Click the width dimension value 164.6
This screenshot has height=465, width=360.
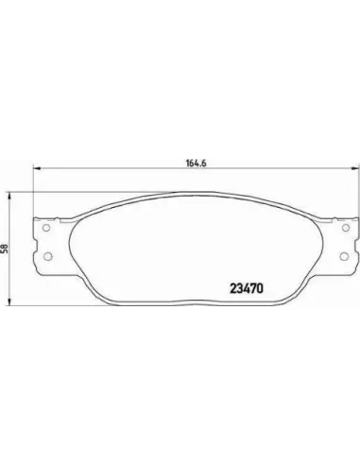tap(196, 164)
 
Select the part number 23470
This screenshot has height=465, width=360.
tap(247, 288)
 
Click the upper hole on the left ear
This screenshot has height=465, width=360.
tap(46, 228)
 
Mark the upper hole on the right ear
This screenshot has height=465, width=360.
tap(346, 228)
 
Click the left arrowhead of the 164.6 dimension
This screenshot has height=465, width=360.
tap(37, 169)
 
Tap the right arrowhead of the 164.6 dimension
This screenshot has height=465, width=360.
tap(354, 169)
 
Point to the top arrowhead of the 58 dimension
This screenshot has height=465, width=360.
tap(10, 196)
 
